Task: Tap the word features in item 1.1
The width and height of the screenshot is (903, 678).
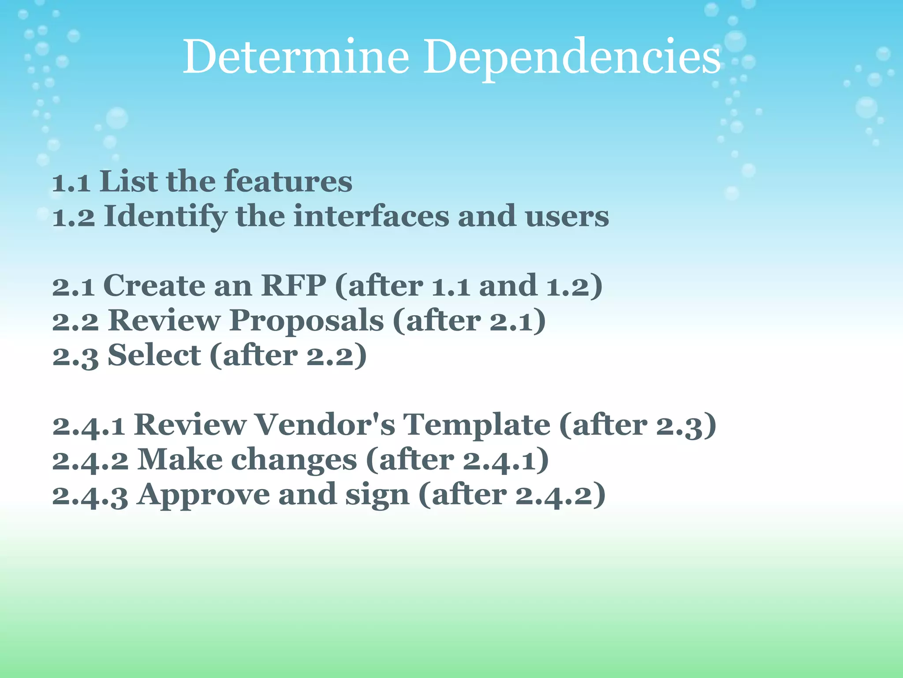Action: point(288,182)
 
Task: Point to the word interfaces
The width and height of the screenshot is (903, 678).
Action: point(371,217)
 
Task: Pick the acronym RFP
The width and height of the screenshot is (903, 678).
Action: point(294,286)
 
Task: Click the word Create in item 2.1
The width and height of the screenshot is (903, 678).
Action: point(154,286)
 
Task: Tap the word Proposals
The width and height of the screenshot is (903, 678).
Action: point(306,320)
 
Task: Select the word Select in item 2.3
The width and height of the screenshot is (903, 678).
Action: point(154,355)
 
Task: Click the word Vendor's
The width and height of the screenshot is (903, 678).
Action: point(325,425)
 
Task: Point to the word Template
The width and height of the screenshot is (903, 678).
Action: point(477,425)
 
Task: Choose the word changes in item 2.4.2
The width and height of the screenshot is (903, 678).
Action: point(294,460)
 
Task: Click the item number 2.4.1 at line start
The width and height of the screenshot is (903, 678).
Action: point(88,426)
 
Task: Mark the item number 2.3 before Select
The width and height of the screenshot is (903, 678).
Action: point(75,356)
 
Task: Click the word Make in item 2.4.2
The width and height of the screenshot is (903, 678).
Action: point(180,460)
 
